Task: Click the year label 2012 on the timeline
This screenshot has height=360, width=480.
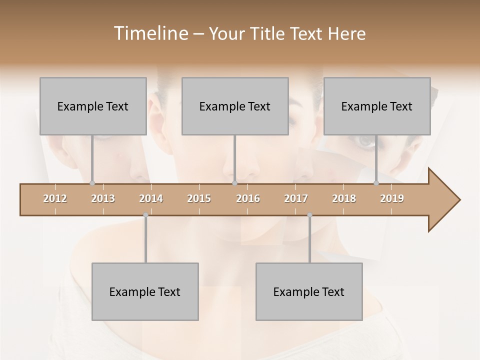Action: [x=55, y=198]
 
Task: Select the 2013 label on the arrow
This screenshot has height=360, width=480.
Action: [x=103, y=198]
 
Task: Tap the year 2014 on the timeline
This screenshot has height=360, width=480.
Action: [x=151, y=198]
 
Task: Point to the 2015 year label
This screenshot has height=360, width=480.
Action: [x=199, y=198]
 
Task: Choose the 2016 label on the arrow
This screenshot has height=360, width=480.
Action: [x=248, y=198]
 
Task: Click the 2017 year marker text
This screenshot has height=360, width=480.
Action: [x=296, y=198]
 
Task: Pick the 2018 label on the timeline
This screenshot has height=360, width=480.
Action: [x=344, y=198]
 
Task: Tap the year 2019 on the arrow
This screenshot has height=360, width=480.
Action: [x=392, y=198]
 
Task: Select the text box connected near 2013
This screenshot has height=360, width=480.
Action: [x=93, y=106]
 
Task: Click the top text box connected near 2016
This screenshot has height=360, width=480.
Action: [x=235, y=106]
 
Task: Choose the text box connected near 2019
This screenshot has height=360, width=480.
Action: [x=377, y=106]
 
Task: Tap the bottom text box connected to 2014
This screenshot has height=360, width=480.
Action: [x=145, y=291]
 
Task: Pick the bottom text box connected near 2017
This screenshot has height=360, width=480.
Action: [x=309, y=291]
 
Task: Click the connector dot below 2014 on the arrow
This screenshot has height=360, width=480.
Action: [x=145, y=215]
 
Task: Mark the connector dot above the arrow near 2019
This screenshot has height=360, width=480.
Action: [x=376, y=183]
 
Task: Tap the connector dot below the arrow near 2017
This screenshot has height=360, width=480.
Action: [x=309, y=215]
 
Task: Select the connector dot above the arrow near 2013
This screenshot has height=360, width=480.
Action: [x=92, y=183]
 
